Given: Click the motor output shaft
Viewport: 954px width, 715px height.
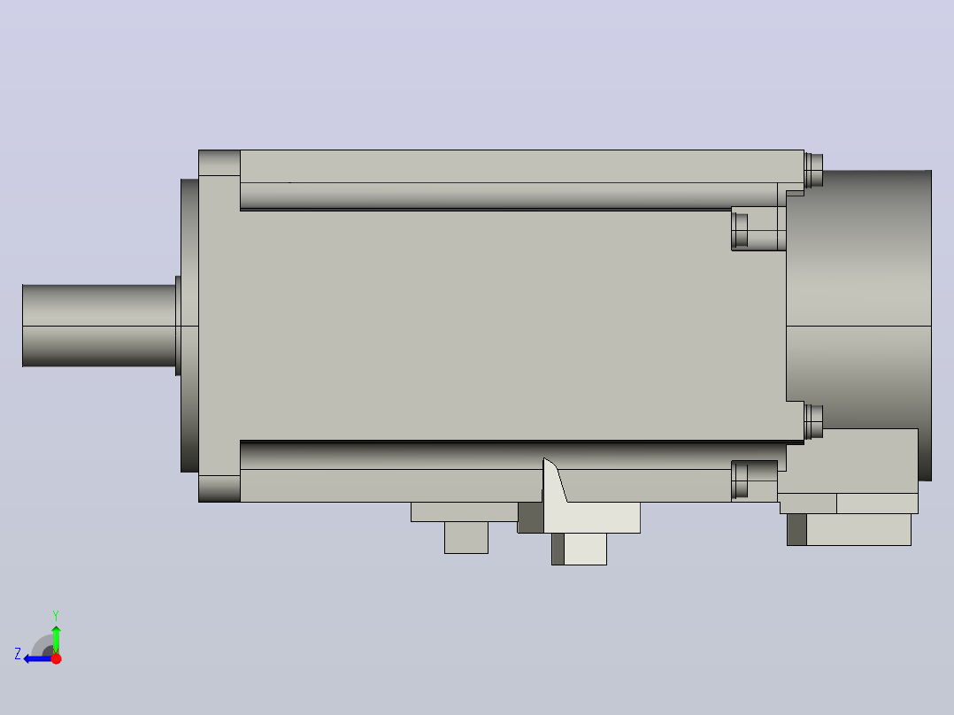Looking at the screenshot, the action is point(99,326).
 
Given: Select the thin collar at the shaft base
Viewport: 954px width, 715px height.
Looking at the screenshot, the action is point(178,326).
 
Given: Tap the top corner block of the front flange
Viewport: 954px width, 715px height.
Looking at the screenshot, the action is point(219,163).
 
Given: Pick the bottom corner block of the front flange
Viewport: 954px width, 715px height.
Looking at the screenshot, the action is point(219,488).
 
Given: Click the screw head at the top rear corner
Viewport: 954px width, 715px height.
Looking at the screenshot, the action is point(813,171).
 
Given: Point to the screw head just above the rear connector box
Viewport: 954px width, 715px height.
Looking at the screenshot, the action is point(813,422).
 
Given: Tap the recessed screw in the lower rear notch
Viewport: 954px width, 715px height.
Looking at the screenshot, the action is point(740,480).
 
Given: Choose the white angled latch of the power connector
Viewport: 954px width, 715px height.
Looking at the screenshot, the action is point(555,481).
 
